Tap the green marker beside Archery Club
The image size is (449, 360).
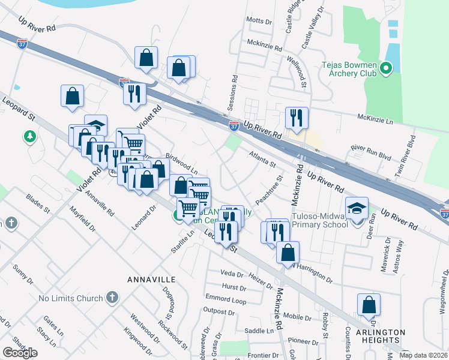386,72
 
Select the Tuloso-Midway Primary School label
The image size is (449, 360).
319,220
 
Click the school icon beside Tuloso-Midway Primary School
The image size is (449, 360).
357,208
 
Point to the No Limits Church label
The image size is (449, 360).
71,298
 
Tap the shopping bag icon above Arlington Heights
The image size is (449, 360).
369,305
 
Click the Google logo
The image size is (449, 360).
20,352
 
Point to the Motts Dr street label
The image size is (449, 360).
259,20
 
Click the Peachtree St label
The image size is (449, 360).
268,188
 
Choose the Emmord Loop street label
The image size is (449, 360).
226,299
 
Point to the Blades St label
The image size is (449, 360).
37,203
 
